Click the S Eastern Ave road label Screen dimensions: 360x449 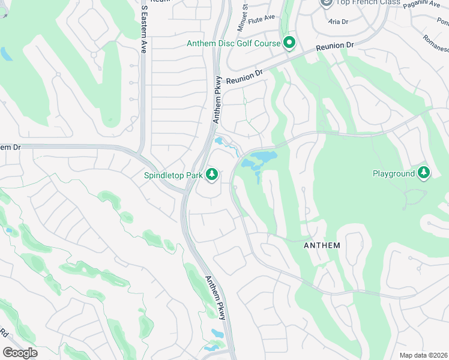pos(144,31)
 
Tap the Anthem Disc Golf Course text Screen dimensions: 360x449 pos(234,43)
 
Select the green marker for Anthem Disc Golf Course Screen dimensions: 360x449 pos(289,43)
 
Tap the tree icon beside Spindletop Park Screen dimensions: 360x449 pos(211,175)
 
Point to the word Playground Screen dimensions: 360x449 pos(394,173)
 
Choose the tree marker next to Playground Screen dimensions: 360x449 pos(424,173)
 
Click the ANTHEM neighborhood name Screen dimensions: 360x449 pos(322,245)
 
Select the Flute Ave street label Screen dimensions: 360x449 pos(261,17)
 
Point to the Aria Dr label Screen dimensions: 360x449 pos(339,21)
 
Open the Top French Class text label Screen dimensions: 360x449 pos(360,3)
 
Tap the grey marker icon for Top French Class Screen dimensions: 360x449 pos(326,3)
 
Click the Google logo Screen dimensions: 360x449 pos(20,352)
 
